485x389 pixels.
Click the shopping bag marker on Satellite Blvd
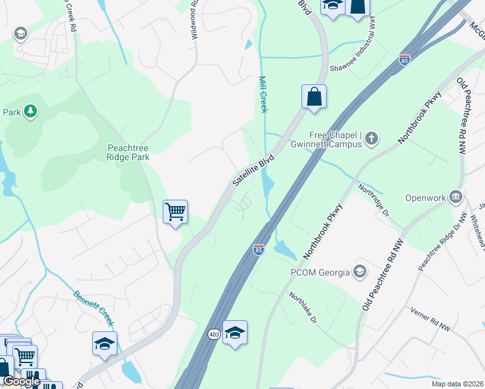coord(314,98)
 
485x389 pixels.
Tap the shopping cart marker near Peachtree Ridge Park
coord(175,212)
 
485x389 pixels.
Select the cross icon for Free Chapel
coord(372,137)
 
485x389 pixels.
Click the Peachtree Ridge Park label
coord(128,152)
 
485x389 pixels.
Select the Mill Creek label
coord(263,95)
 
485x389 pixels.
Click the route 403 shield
coord(215,335)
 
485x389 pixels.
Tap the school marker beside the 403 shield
coord(235,333)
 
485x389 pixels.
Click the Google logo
coord(21,381)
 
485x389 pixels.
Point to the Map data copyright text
coord(458,384)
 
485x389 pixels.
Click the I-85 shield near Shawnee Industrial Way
coord(405,58)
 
